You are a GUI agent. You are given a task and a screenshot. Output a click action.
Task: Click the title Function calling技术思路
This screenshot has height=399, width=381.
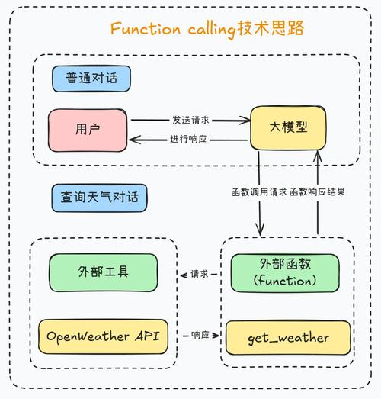pos(207,29)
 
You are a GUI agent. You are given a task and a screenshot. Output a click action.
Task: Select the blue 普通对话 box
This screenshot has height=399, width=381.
pos(91,78)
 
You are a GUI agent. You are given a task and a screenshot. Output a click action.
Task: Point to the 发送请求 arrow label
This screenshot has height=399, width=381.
pos(190,120)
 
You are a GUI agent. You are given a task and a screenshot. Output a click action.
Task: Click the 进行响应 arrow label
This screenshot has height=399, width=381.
pos(190,139)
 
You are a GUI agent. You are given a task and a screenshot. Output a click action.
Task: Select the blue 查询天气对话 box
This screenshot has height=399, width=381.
pos(99,198)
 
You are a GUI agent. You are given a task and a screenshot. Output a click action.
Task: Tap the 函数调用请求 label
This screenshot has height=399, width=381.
pos(258,191)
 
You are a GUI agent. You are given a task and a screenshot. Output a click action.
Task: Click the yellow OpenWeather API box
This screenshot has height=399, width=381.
pos(104,336)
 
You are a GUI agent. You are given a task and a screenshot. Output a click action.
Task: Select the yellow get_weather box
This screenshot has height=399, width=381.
pos(288,337)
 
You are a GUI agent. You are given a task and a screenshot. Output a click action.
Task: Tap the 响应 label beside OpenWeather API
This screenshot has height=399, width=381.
pos(200,335)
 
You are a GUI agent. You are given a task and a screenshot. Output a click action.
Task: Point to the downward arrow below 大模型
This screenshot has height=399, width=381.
pos(260,214)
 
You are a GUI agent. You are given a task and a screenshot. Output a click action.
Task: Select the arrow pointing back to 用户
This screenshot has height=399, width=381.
pos(152,139)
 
